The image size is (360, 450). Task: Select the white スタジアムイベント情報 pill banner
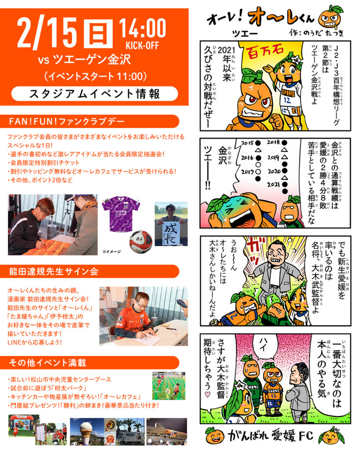coord(95,94)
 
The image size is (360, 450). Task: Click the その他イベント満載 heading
coord(48,363)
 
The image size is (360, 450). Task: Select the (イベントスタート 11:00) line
coord(95,76)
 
